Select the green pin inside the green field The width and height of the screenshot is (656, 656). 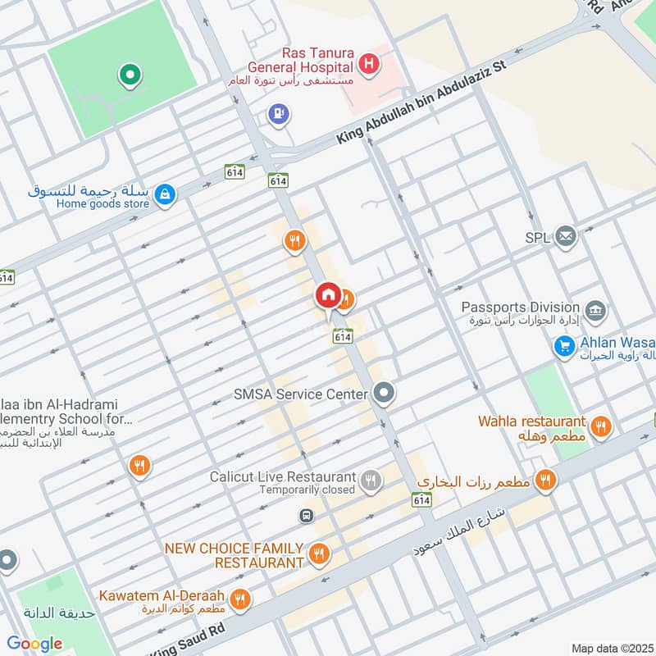(x=129, y=76)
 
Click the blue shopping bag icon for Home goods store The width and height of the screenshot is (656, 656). (x=166, y=194)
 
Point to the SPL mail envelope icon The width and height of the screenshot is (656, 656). (x=565, y=237)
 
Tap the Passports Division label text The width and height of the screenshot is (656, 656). (x=522, y=307)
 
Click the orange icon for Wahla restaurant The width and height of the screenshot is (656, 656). (x=601, y=426)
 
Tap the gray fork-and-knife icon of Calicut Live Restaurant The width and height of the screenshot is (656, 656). (x=371, y=481)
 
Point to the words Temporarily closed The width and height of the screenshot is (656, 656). (x=307, y=490)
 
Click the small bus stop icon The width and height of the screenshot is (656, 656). (x=306, y=516)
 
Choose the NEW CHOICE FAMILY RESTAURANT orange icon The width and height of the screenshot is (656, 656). (x=319, y=554)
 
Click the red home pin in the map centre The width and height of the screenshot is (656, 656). (x=327, y=294)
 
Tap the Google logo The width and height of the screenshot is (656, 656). (x=34, y=644)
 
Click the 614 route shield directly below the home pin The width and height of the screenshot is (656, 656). (x=343, y=335)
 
